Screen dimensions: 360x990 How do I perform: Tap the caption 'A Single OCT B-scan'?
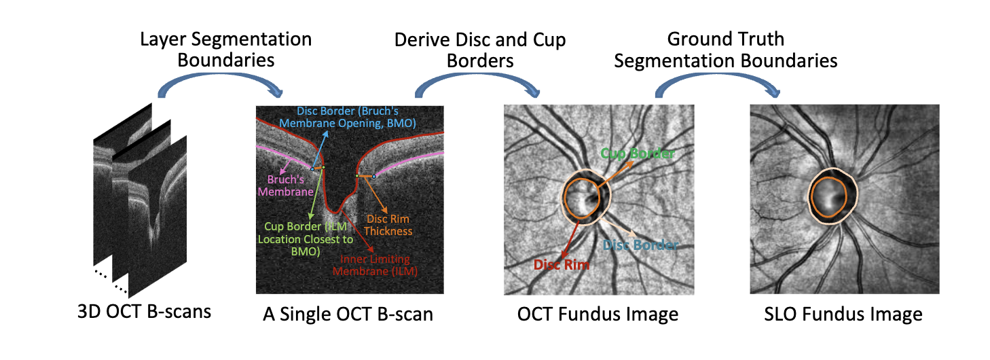pos(347,314)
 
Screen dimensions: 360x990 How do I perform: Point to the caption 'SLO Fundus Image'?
pos(843,314)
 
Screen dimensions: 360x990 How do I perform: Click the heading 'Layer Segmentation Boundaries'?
pos(225,49)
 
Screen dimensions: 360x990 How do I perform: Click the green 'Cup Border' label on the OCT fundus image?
pos(638,154)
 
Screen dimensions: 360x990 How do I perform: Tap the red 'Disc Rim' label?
pos(560,264)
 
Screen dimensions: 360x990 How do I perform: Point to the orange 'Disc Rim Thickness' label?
pos(388,225)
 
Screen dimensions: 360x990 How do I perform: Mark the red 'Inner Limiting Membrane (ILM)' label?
pos(378,265)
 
